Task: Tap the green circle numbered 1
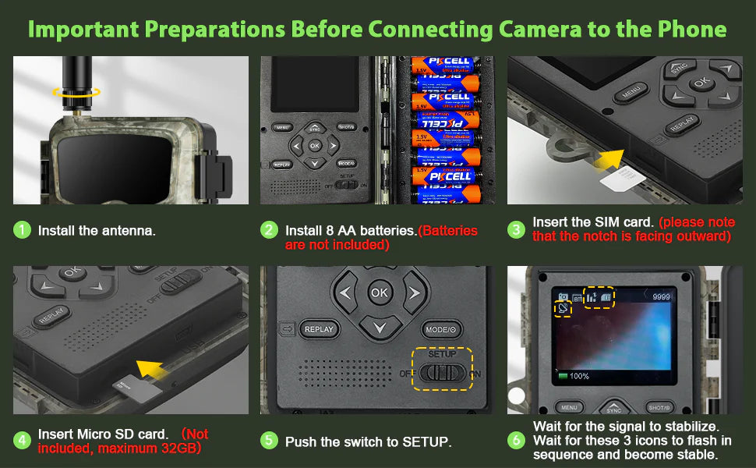tap(23, 230)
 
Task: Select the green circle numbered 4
tap(23, 441)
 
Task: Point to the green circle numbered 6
tap(516, 441)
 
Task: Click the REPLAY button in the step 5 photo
tap(319, 329)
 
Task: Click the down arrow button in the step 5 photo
tap(379, 328)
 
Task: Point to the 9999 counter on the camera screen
tap(661, 296)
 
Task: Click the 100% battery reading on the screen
tap(578, 377)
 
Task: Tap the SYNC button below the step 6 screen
tap(613, 408)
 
